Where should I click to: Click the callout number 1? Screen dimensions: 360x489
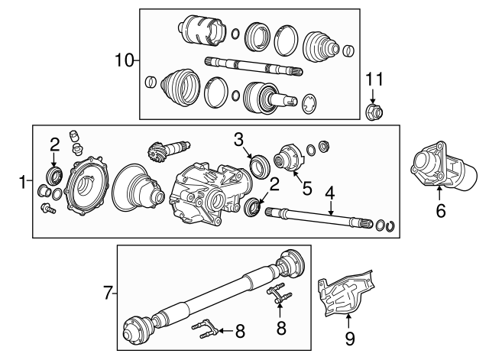click(x=21, y=181)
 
